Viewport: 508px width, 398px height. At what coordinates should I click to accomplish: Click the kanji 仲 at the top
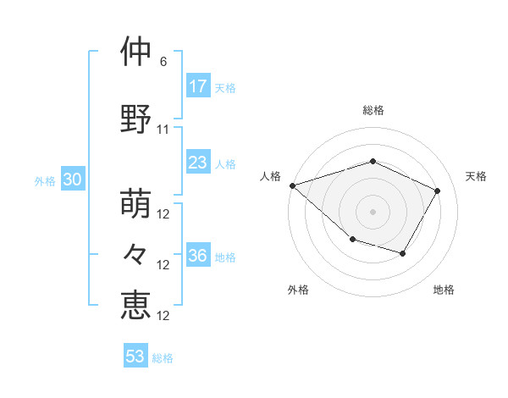(136, 52)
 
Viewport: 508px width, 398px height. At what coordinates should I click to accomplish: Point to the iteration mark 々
(136, 253)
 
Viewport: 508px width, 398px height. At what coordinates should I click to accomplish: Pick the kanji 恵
(136, 303)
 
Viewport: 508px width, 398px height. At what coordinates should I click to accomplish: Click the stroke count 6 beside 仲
(163, 63)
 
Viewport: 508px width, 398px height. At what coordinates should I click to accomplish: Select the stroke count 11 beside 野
(163, 130)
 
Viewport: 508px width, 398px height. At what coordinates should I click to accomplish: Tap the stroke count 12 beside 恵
(164, 316)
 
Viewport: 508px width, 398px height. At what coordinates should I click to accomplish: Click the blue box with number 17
(197, 86)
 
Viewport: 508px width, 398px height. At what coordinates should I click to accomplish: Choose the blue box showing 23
(197, 163)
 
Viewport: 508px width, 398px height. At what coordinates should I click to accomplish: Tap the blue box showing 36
(197, 256)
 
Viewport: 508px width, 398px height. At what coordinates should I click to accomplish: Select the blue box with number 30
(72, 180)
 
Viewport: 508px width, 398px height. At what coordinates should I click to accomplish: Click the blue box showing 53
(135, 357)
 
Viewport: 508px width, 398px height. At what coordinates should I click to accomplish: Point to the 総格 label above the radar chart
(373, 110)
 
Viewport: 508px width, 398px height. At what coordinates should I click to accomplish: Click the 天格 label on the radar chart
(476, 176)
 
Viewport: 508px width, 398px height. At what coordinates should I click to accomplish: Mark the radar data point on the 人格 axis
(292, 185)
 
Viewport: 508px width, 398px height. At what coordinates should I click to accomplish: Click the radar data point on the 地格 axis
(403, 253)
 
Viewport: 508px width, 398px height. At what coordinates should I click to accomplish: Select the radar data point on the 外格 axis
(352, 240)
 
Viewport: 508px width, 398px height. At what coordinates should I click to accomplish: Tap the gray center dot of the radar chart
(373, 212)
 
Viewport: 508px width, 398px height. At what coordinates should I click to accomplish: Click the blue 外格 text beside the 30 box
(45, 180)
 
